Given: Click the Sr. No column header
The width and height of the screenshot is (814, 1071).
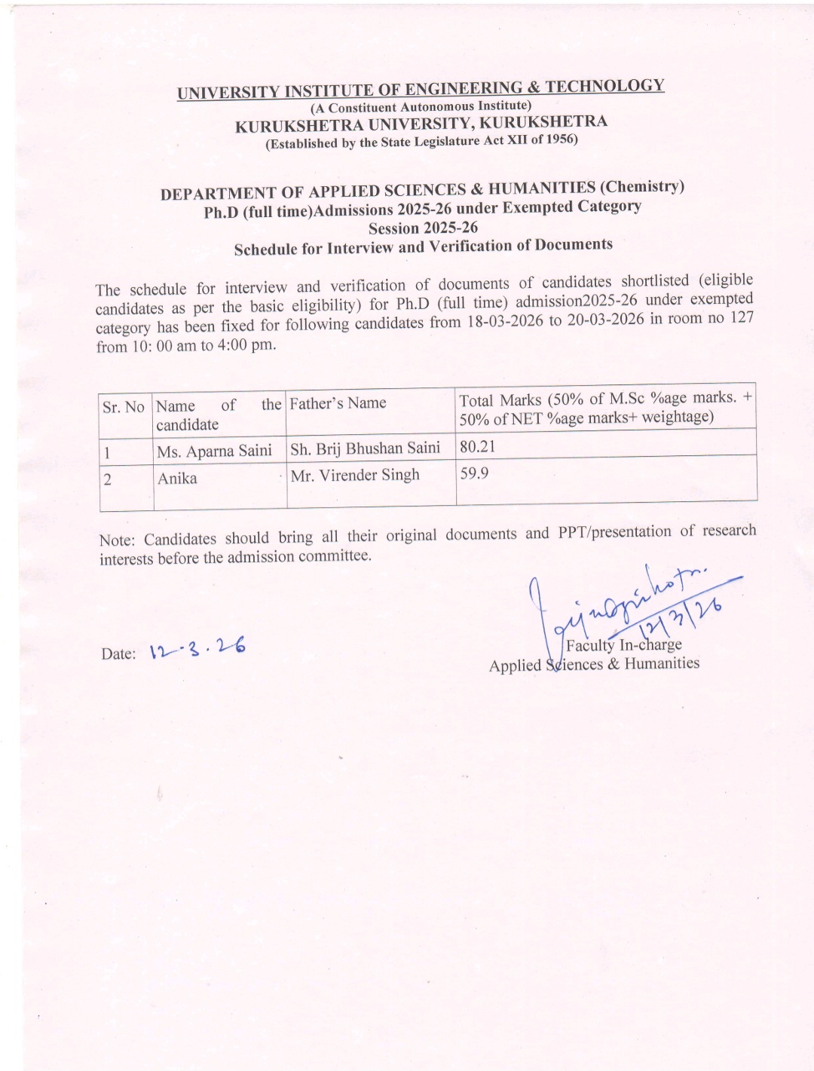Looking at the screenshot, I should click(x=124, y=407).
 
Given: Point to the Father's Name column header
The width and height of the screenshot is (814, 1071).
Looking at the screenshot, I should click(x=338, y=403).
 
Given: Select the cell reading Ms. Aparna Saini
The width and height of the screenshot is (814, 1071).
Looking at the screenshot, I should click(x=214, y=451).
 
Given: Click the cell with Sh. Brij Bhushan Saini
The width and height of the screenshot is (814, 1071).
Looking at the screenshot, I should click(x=365, y=448).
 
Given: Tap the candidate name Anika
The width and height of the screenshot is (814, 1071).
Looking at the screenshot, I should click(x=177, y=478).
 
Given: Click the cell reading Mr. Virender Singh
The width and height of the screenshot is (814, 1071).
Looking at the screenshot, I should click(x=355, y=476).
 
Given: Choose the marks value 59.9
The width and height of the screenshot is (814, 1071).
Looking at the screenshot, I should click(x=474, y=474).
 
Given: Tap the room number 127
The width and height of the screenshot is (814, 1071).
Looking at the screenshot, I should click(x=742, y=317).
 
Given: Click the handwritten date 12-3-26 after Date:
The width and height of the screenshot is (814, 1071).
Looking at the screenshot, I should click(x=197, y=649).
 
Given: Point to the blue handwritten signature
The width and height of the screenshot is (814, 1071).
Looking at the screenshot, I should click(x=633, y=603).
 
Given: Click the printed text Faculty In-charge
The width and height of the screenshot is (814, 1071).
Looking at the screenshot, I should click(x=623, y=645).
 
